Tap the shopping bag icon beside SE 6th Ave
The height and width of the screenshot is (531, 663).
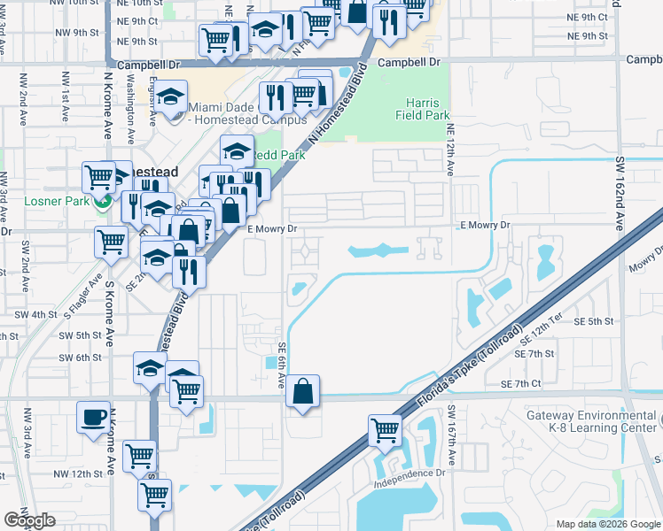click(x=303, y=390)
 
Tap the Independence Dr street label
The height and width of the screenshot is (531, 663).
click(x=409, y=473)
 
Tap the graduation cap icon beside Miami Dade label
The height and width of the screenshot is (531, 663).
click(x=171, y=97)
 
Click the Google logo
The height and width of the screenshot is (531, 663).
click(x=29, y=520)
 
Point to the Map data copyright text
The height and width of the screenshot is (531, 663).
click(x=607, y=524)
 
